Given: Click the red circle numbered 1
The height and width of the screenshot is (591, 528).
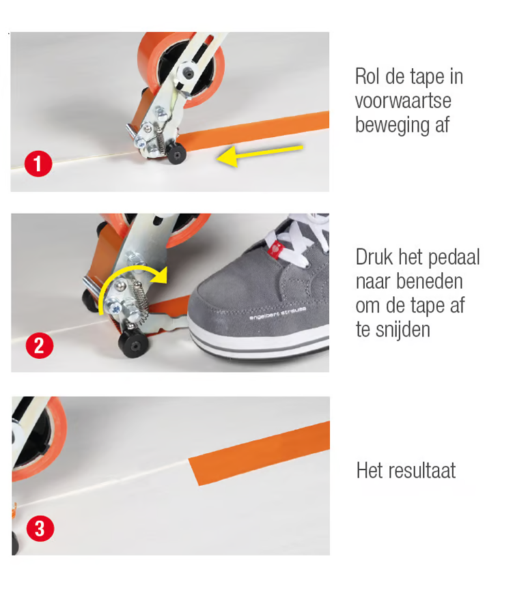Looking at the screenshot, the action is coord(38,164).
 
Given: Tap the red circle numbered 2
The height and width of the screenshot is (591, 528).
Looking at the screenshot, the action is coord(40,345).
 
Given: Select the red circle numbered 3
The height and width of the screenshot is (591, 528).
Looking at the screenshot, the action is coord(40,528).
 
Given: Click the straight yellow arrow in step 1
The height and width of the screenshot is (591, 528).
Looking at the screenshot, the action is coord(260,154).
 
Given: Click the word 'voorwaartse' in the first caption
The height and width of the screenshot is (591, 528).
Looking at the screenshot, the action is coord(403,100).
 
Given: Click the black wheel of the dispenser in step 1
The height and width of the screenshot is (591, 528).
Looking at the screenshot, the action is coord(176,154).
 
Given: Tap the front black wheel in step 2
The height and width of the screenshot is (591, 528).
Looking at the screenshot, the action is coord(133,343).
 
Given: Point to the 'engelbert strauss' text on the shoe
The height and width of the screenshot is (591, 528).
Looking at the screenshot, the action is coord(278,314).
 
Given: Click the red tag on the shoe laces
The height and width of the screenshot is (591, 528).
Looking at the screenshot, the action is coord(275,250).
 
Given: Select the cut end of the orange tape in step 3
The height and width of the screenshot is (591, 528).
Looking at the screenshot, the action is coord(193,472).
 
